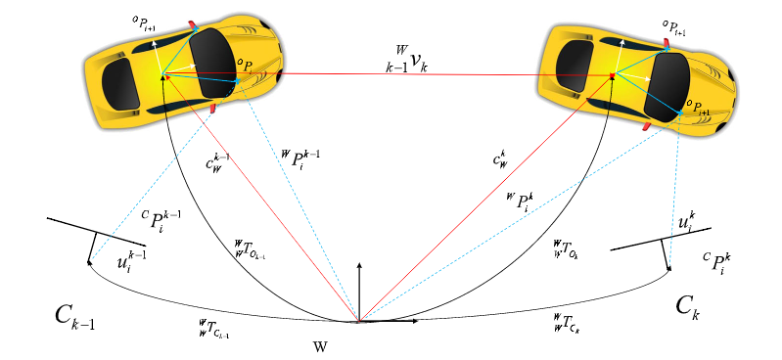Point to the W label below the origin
tap(321, 345)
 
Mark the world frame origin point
tap(359, 320)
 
